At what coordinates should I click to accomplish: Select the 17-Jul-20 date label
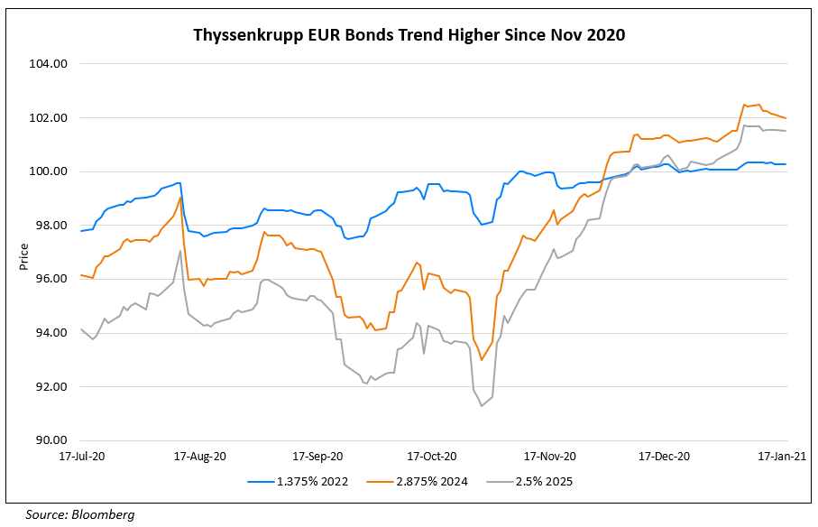click(x=81, y=457)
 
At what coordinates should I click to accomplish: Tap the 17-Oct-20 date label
click(x=433, y=457)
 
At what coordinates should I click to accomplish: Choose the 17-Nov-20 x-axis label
click(x=551, y=457)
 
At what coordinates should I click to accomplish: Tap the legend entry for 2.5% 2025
click(x=533, y=482)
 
